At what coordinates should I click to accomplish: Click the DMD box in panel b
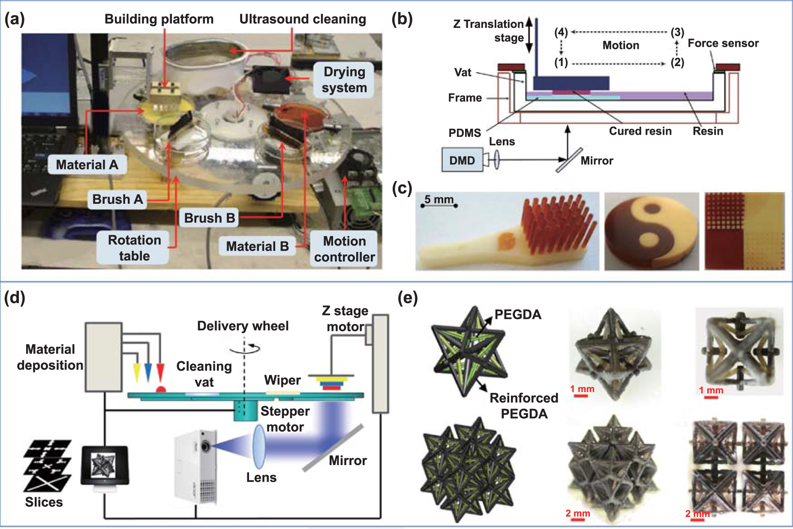click(462, 160)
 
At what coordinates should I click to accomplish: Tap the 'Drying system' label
click(344, 80)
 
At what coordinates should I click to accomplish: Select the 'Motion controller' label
click(344, 249)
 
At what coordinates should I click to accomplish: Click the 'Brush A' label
click(117, 200)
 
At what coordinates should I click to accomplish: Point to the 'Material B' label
click(257, 246)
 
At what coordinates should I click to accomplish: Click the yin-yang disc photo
click(651, 231)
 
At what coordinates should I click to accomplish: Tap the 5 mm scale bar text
click(439, 200)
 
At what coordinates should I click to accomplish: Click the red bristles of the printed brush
click(557, 223)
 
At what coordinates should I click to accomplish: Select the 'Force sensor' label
click(723, 43)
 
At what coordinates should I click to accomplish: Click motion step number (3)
click(677, 32)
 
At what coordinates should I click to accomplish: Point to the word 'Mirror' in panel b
click(597, 161)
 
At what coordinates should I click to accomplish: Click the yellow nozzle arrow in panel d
click(137, 372)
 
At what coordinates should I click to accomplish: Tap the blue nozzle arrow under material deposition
click(148, 372)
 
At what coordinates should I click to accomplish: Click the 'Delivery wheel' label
click(243, 326)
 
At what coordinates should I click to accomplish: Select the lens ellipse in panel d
click(259, 446)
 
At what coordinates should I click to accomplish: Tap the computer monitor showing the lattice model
click(105, 466)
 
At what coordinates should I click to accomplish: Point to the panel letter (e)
click(407, 298)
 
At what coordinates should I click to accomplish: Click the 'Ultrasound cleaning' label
click(302, 19)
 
